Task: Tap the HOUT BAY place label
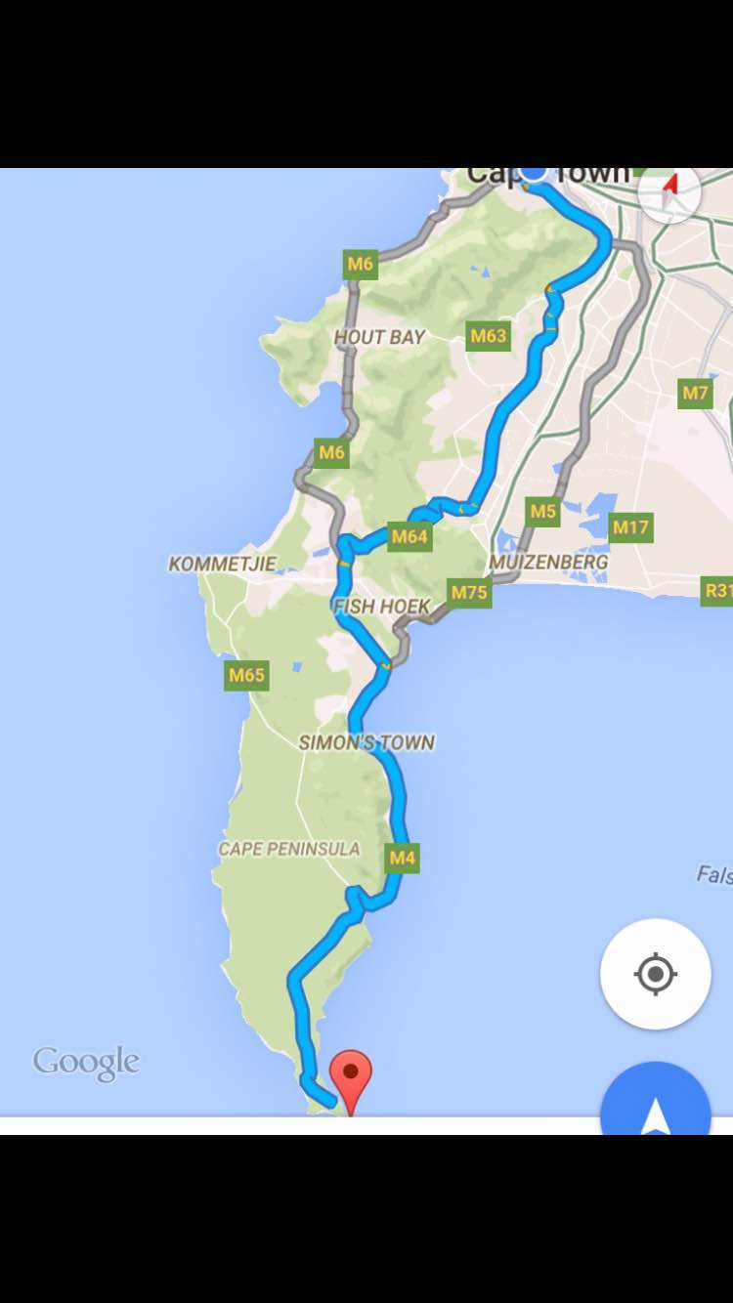pos(379,337)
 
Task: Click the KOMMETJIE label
pos(222,564)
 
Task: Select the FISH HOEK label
pos(381,607)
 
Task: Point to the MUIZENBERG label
pos(548,562)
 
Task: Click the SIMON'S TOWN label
pos(366,742)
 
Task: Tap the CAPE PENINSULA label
pos(288,849)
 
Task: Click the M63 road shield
pos(488,337)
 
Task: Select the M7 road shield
pos(695,393)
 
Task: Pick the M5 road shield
pos(542,511)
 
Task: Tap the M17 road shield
pos(630,527)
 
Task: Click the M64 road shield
pos(410,536)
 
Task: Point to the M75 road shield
pos(469,592)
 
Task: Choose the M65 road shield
pos(246,674)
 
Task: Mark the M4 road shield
pos(403,859)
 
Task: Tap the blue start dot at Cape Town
pos(534,172)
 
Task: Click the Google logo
pos(86,1062)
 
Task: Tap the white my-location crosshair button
pos(655,974)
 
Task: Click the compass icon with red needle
pos(669,189)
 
